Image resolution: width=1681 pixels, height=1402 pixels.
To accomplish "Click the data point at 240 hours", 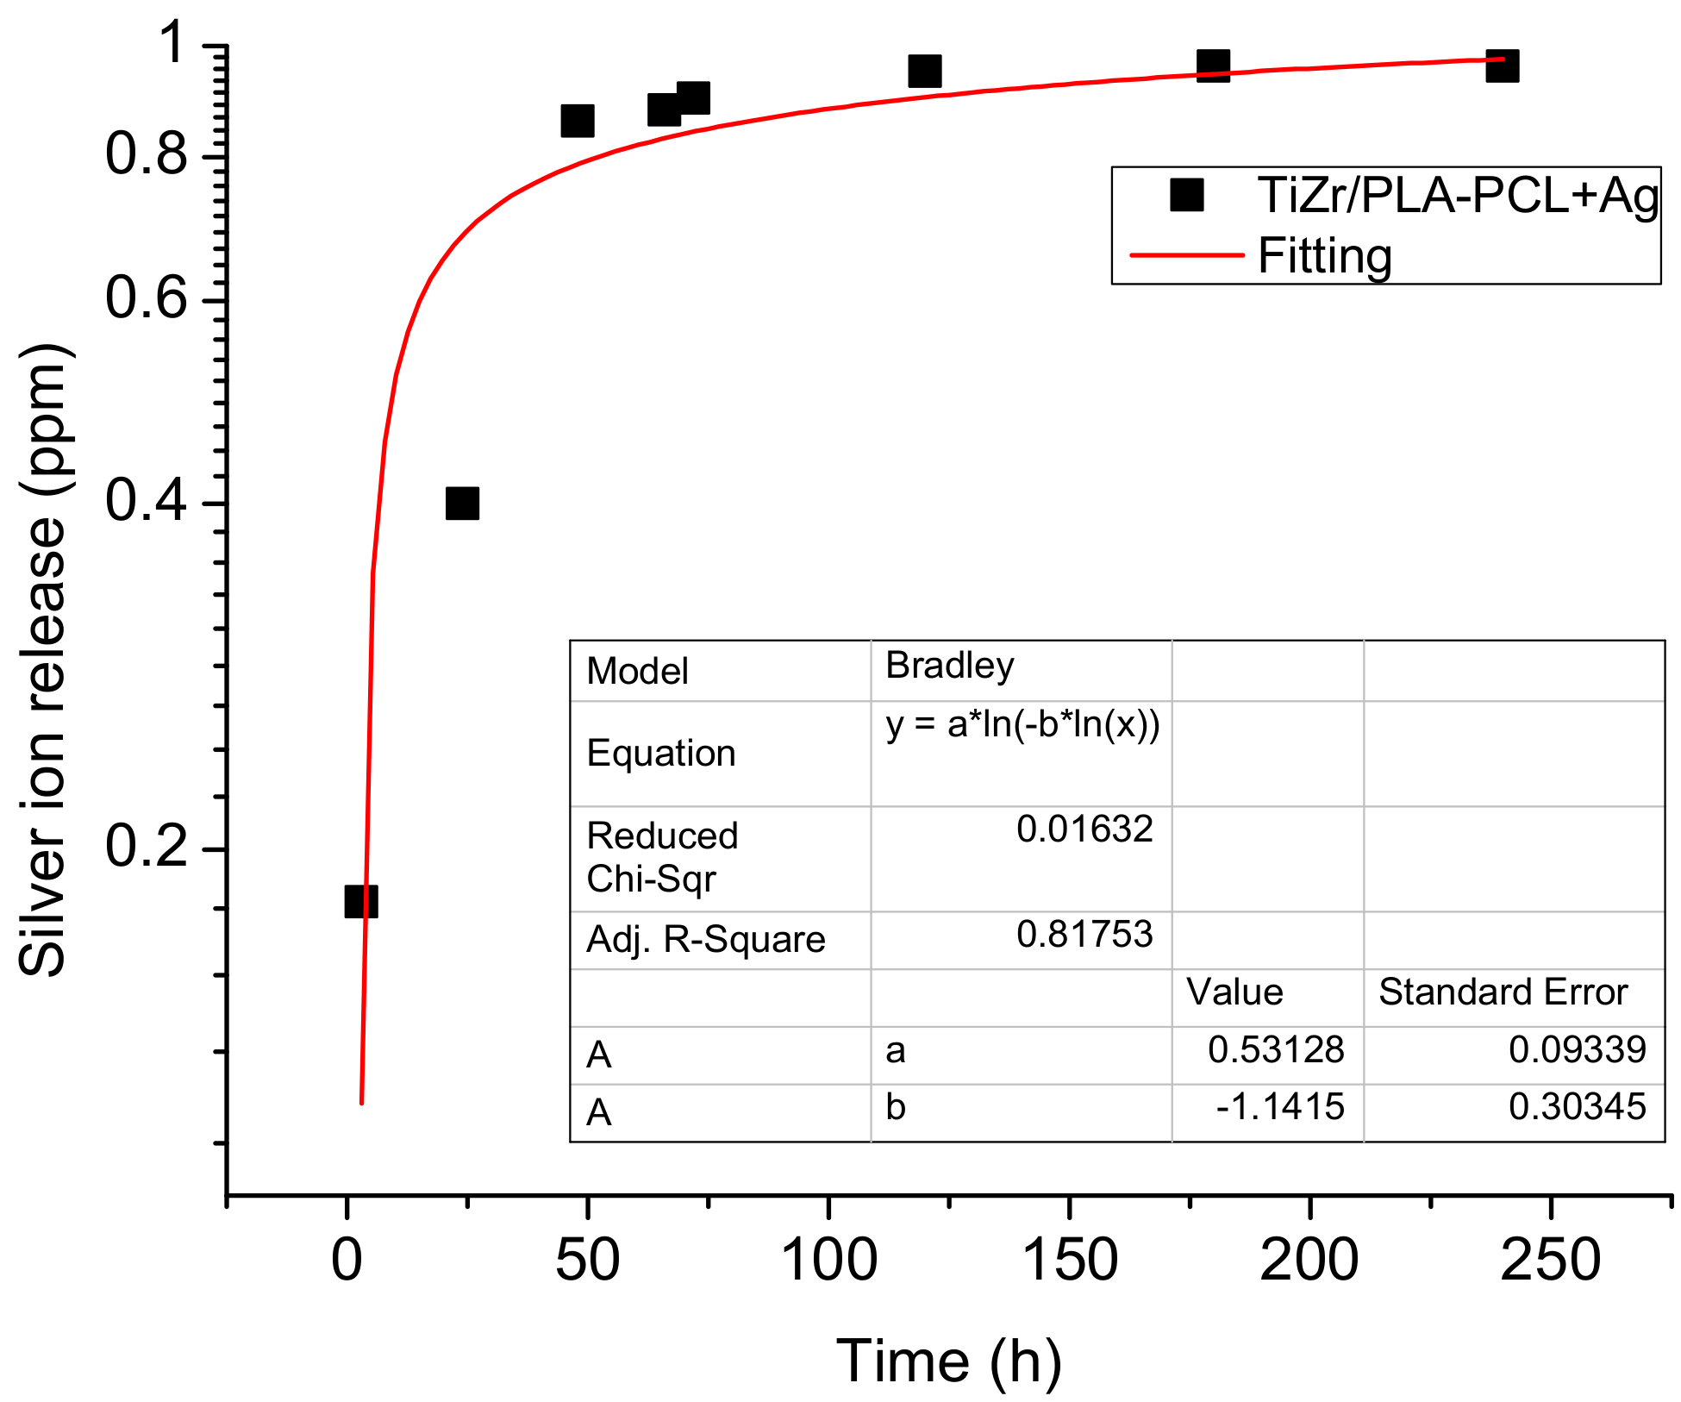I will pos(1502,66).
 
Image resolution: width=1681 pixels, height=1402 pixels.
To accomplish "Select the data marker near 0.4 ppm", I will pos(462,503).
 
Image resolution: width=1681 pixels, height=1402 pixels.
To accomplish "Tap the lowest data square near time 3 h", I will pos(360,901).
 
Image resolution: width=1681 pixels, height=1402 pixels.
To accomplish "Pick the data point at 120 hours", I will pos(924,71).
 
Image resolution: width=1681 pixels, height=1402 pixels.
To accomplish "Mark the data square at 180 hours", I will pos(1213,66).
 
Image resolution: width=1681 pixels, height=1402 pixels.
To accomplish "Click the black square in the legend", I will pos(1186,195).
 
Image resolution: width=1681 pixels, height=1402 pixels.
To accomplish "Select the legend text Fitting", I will pos(1324,256).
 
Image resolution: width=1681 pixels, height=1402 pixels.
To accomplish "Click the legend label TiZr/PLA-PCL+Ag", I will pos(1458,196).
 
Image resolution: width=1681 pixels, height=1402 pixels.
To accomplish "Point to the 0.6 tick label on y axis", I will pos(146,299).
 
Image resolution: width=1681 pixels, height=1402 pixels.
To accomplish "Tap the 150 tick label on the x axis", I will pos(1069,1261).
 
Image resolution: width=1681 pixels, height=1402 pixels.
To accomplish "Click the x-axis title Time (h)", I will pos(948,1361).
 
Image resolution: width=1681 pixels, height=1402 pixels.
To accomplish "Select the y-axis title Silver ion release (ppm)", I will pos(43,660).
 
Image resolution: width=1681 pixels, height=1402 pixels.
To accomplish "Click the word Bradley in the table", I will pos(949,666).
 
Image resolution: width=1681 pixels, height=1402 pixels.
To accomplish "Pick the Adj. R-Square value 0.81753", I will pos(1084,935).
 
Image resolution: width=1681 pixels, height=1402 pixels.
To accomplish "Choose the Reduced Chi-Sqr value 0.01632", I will pos(1084,829).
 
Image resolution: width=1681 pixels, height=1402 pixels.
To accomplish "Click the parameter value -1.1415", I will pos(1279,1107).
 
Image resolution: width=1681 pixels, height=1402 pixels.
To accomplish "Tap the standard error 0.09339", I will pos(1577,1049).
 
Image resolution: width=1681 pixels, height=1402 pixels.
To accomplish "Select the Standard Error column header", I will pos(1502,992).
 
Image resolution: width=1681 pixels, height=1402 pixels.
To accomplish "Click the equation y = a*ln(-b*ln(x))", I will pos(1022,724).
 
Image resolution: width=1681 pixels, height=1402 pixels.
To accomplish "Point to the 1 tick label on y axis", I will pos(175,43).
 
